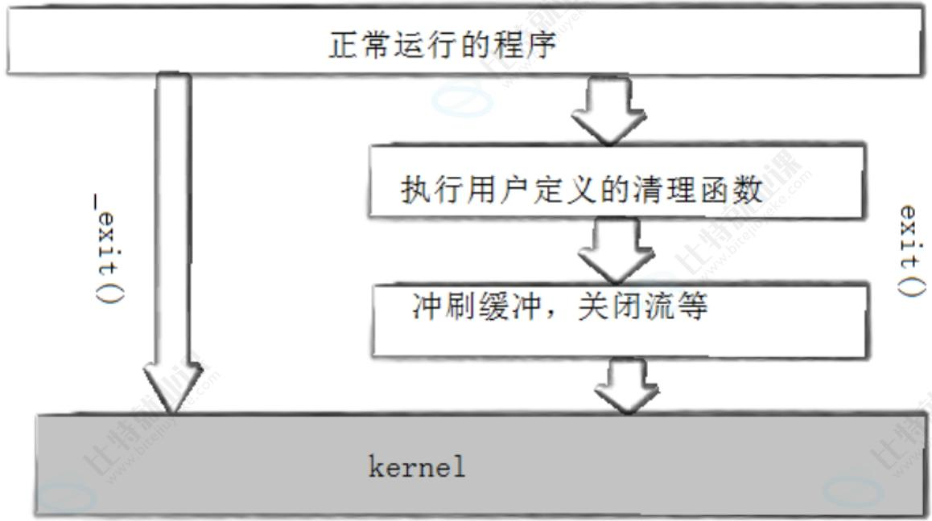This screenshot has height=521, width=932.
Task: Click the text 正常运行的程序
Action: pyautogui.click(x=442, y=45)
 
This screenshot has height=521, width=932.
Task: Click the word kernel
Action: pyautogui.click(x=417, y=468)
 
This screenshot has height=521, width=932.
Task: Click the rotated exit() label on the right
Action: pyautogui.click(x=909, y=250)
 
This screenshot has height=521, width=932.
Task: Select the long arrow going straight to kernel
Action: pyautogui.click(x=172, y=241)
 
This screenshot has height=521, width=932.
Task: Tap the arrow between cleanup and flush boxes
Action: pyautogui.click(x=609, y=248)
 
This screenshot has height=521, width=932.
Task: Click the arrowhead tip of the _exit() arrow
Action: pyautogui.click(x=173, y=408)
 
